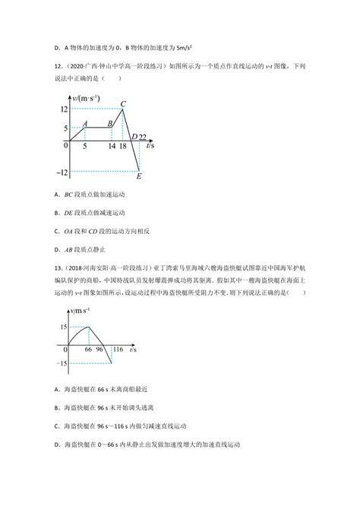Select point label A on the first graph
(87, 123)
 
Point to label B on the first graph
(110, 123)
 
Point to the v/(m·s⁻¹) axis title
(87, 97)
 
